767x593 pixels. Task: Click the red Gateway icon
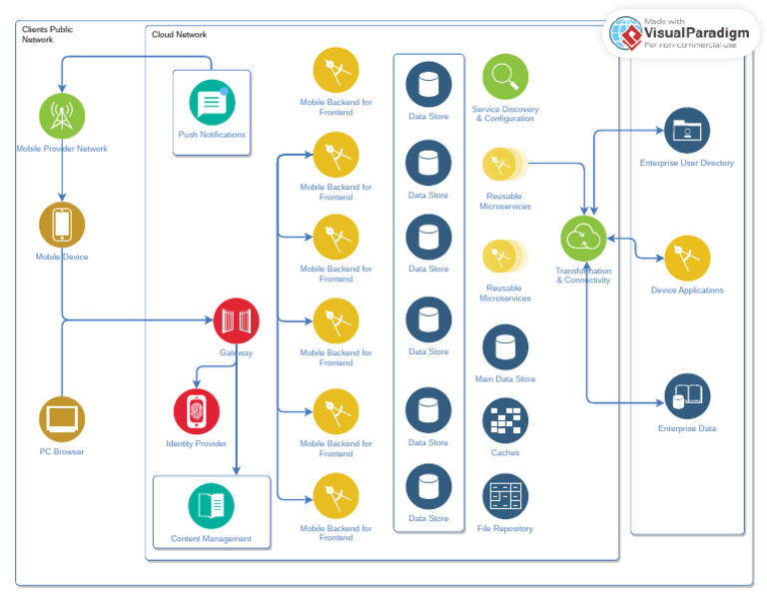click(x=237, y=320)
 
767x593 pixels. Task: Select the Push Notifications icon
click(x=212, y=103)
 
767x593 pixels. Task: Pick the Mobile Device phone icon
click(x=62, y=225)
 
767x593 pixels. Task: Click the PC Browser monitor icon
click(x=62, y=419)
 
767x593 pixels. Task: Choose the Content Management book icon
click(x=212, y=505)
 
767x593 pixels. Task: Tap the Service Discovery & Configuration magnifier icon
click(x=505, y=77)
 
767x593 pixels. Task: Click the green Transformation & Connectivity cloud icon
click(x=583, y=239)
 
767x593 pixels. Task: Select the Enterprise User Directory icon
click(x=687, y=131)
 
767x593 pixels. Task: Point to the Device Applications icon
click(x=687, y=258)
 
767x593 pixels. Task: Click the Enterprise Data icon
click(x=687, y=396)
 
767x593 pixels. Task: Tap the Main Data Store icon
click(x=505, y=347)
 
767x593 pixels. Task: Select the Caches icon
click(x=505, y=420)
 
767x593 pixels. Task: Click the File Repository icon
click(x=505, y=496)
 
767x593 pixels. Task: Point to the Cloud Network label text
click(x=179, y=35)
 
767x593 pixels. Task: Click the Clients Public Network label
click(x=47, y=35)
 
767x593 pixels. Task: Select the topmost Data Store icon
click(x=428, y=84)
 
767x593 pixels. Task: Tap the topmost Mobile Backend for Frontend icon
click(x=337, y=70)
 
